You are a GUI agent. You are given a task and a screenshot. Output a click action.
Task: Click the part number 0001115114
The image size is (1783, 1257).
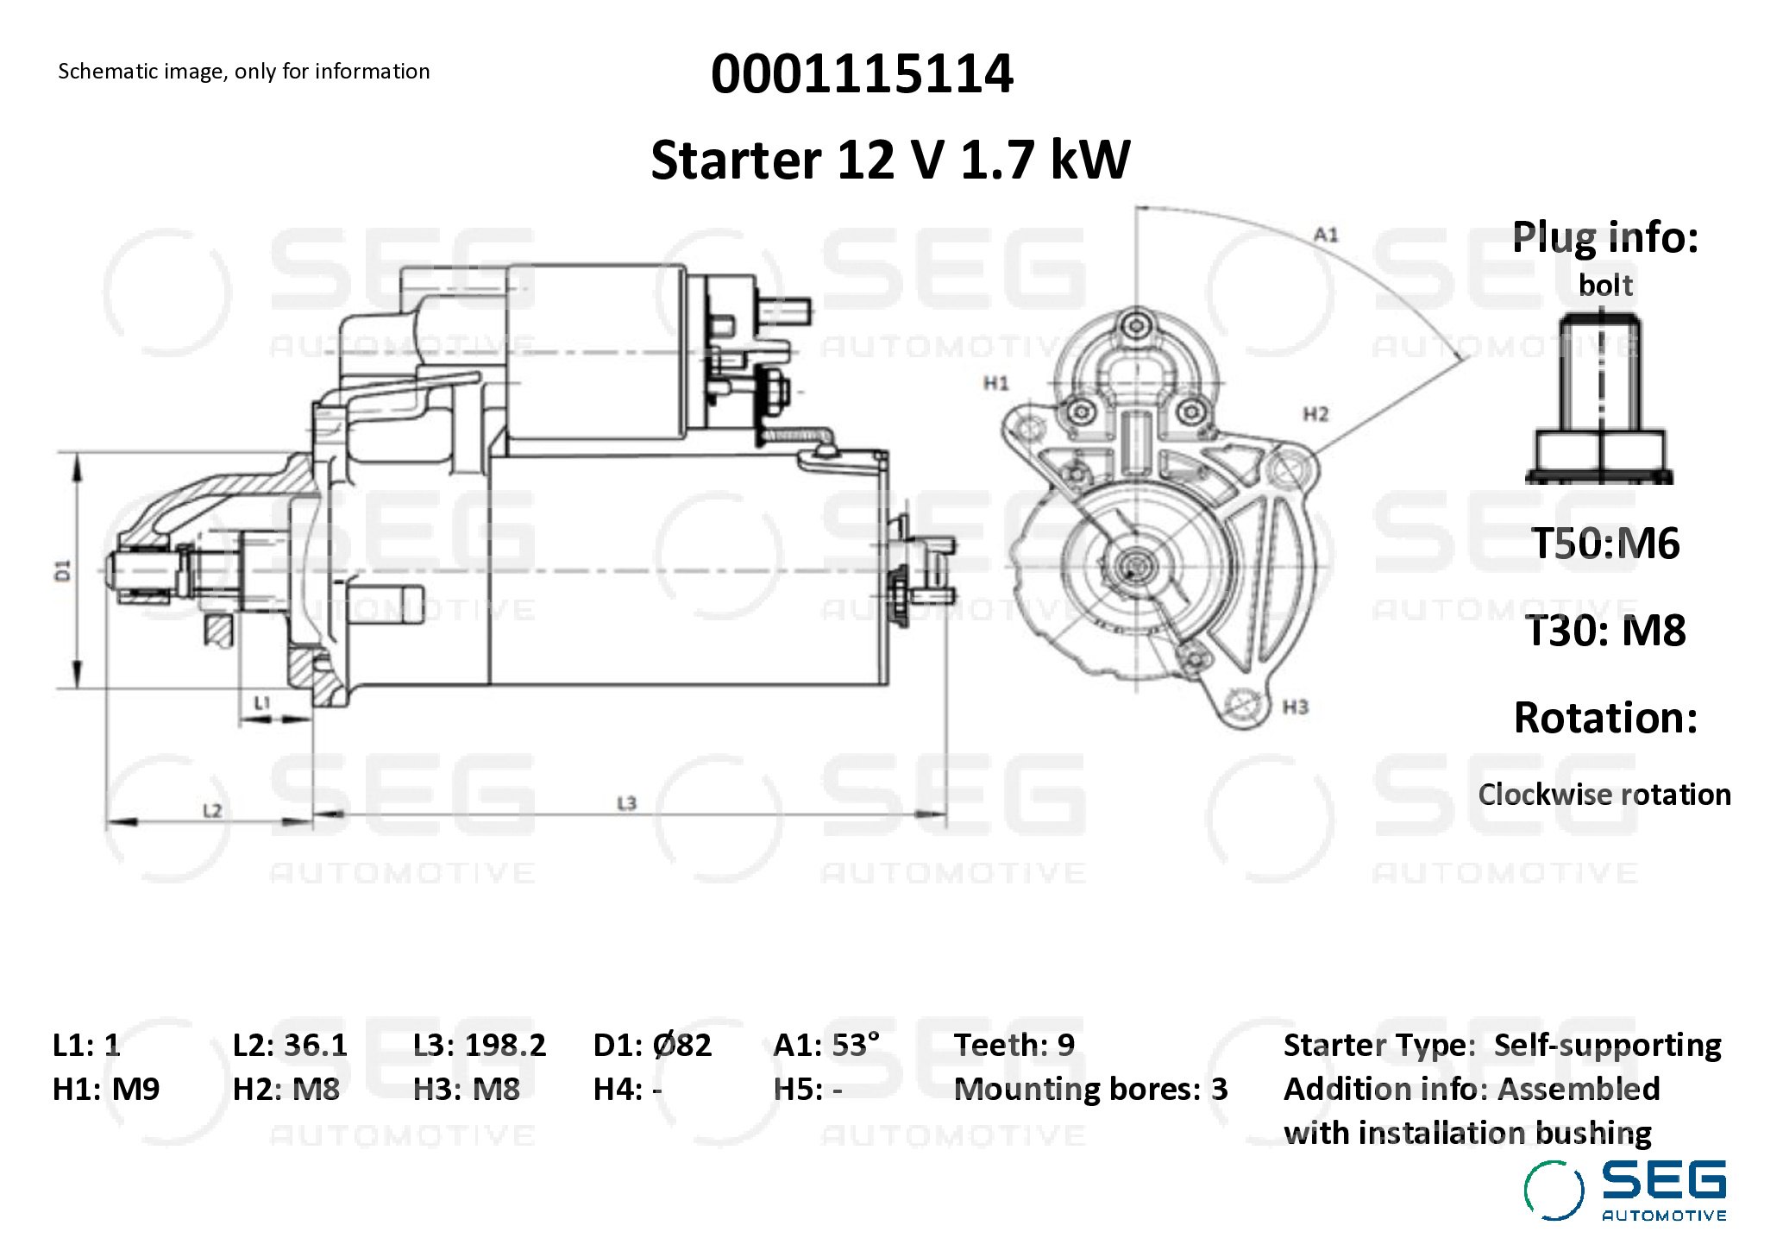click(x=862, y=73)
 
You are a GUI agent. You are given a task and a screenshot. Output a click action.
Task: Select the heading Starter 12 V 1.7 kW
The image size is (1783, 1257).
click(x=889, y=160)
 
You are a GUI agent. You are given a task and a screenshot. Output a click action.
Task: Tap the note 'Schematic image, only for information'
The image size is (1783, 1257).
click(x=243, y=71)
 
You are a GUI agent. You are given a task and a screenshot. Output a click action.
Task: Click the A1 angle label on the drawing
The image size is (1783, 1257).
click(x=1326, y=234)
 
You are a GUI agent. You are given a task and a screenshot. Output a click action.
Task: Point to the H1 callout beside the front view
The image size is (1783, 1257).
click(x=996, y=382)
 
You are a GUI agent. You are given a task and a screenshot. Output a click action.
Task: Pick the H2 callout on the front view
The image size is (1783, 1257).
click(x=1315, y=414)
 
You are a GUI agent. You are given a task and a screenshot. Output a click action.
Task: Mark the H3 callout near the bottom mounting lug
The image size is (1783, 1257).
click(x=1295, y=707)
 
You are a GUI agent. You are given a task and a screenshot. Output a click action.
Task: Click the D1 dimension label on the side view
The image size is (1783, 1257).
click(x=62, y=570)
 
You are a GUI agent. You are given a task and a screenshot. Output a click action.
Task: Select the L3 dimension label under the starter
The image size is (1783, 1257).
click(x=626, y=803)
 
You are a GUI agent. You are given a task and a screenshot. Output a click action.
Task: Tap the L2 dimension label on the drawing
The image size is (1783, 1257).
click(x=212, y=810)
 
